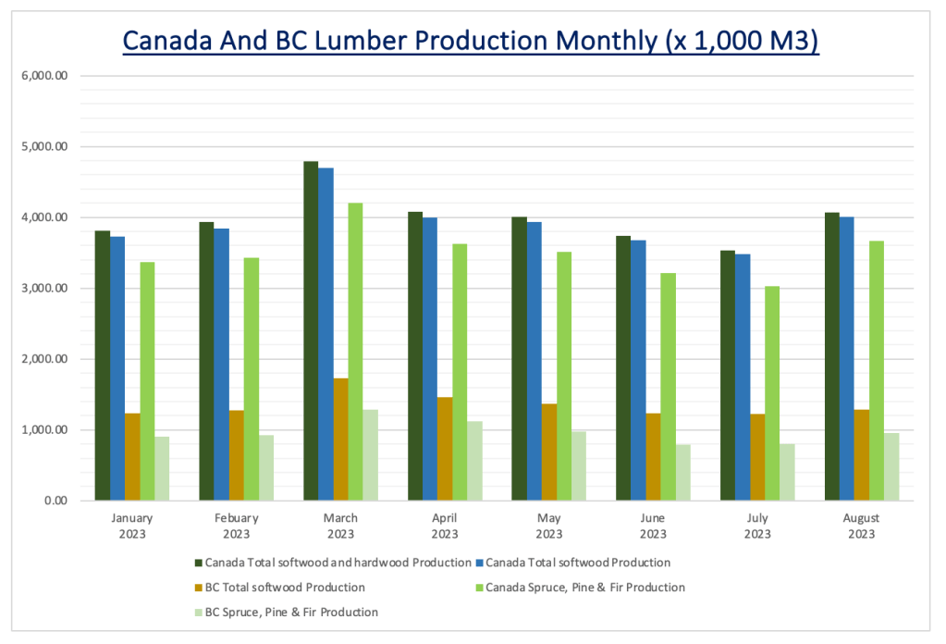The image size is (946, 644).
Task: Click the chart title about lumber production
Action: (x=471, y=42)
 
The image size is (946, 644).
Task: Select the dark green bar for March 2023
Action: (x=311, y=331)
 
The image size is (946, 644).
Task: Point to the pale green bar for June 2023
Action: (x=683, y=473)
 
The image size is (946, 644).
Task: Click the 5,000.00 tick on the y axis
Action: (x=45, y=146)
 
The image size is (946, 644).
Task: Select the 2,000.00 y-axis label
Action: (x=45, y=359)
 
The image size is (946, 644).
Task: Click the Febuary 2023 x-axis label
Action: (x=236, y=526)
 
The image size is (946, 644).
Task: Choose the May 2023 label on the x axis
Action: (x=548, y=526)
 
